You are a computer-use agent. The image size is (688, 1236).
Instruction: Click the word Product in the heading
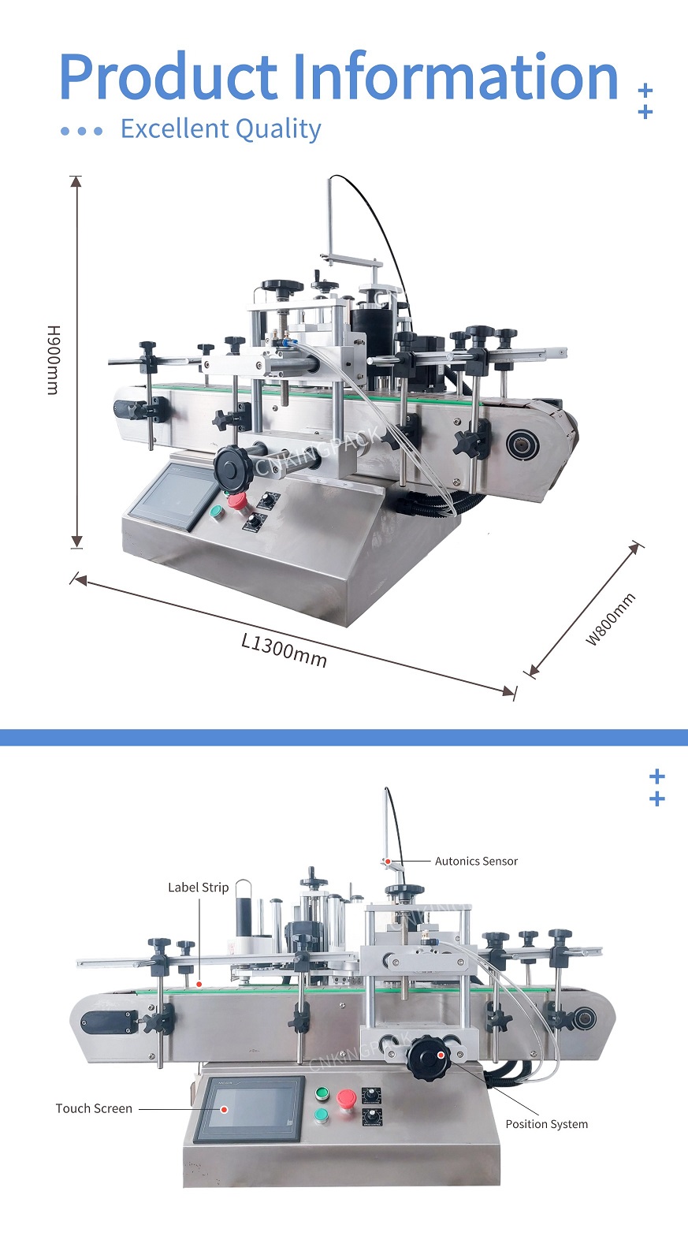click(169, 76)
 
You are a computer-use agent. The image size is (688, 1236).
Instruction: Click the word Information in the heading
click(456, 76)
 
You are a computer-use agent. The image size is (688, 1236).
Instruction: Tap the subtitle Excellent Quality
click(221, 129)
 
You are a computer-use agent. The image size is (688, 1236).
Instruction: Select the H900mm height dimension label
click(53, 359)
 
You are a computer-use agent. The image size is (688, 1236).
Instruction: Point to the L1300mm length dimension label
click(284, 650)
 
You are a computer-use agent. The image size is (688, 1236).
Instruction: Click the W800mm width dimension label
click(610, 619)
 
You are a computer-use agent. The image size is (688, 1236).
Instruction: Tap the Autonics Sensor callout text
click(476, 861)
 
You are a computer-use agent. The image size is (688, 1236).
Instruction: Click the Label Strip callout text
click(198, 888)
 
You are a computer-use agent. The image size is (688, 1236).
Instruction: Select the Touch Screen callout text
click(94, 1108)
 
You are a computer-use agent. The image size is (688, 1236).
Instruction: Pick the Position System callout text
click(547, 1124)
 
